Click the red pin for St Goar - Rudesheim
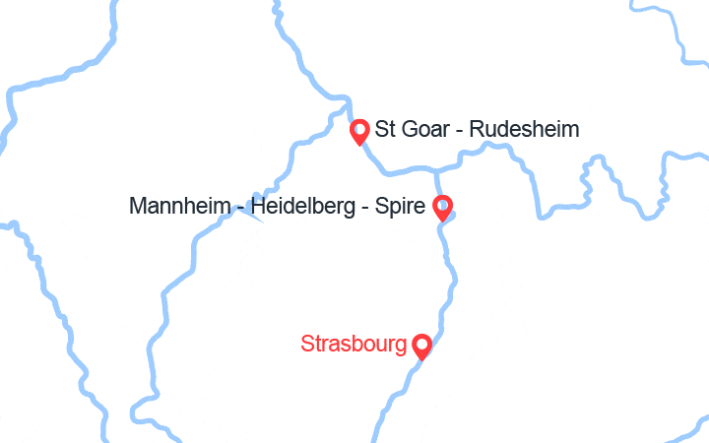pos(360,130)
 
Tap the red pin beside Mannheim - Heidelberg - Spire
pos(443,207)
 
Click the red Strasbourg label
pos(354,345)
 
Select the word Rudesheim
pos(527,129)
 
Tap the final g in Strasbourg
pos(401,347)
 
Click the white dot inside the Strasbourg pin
pos(421,344)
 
